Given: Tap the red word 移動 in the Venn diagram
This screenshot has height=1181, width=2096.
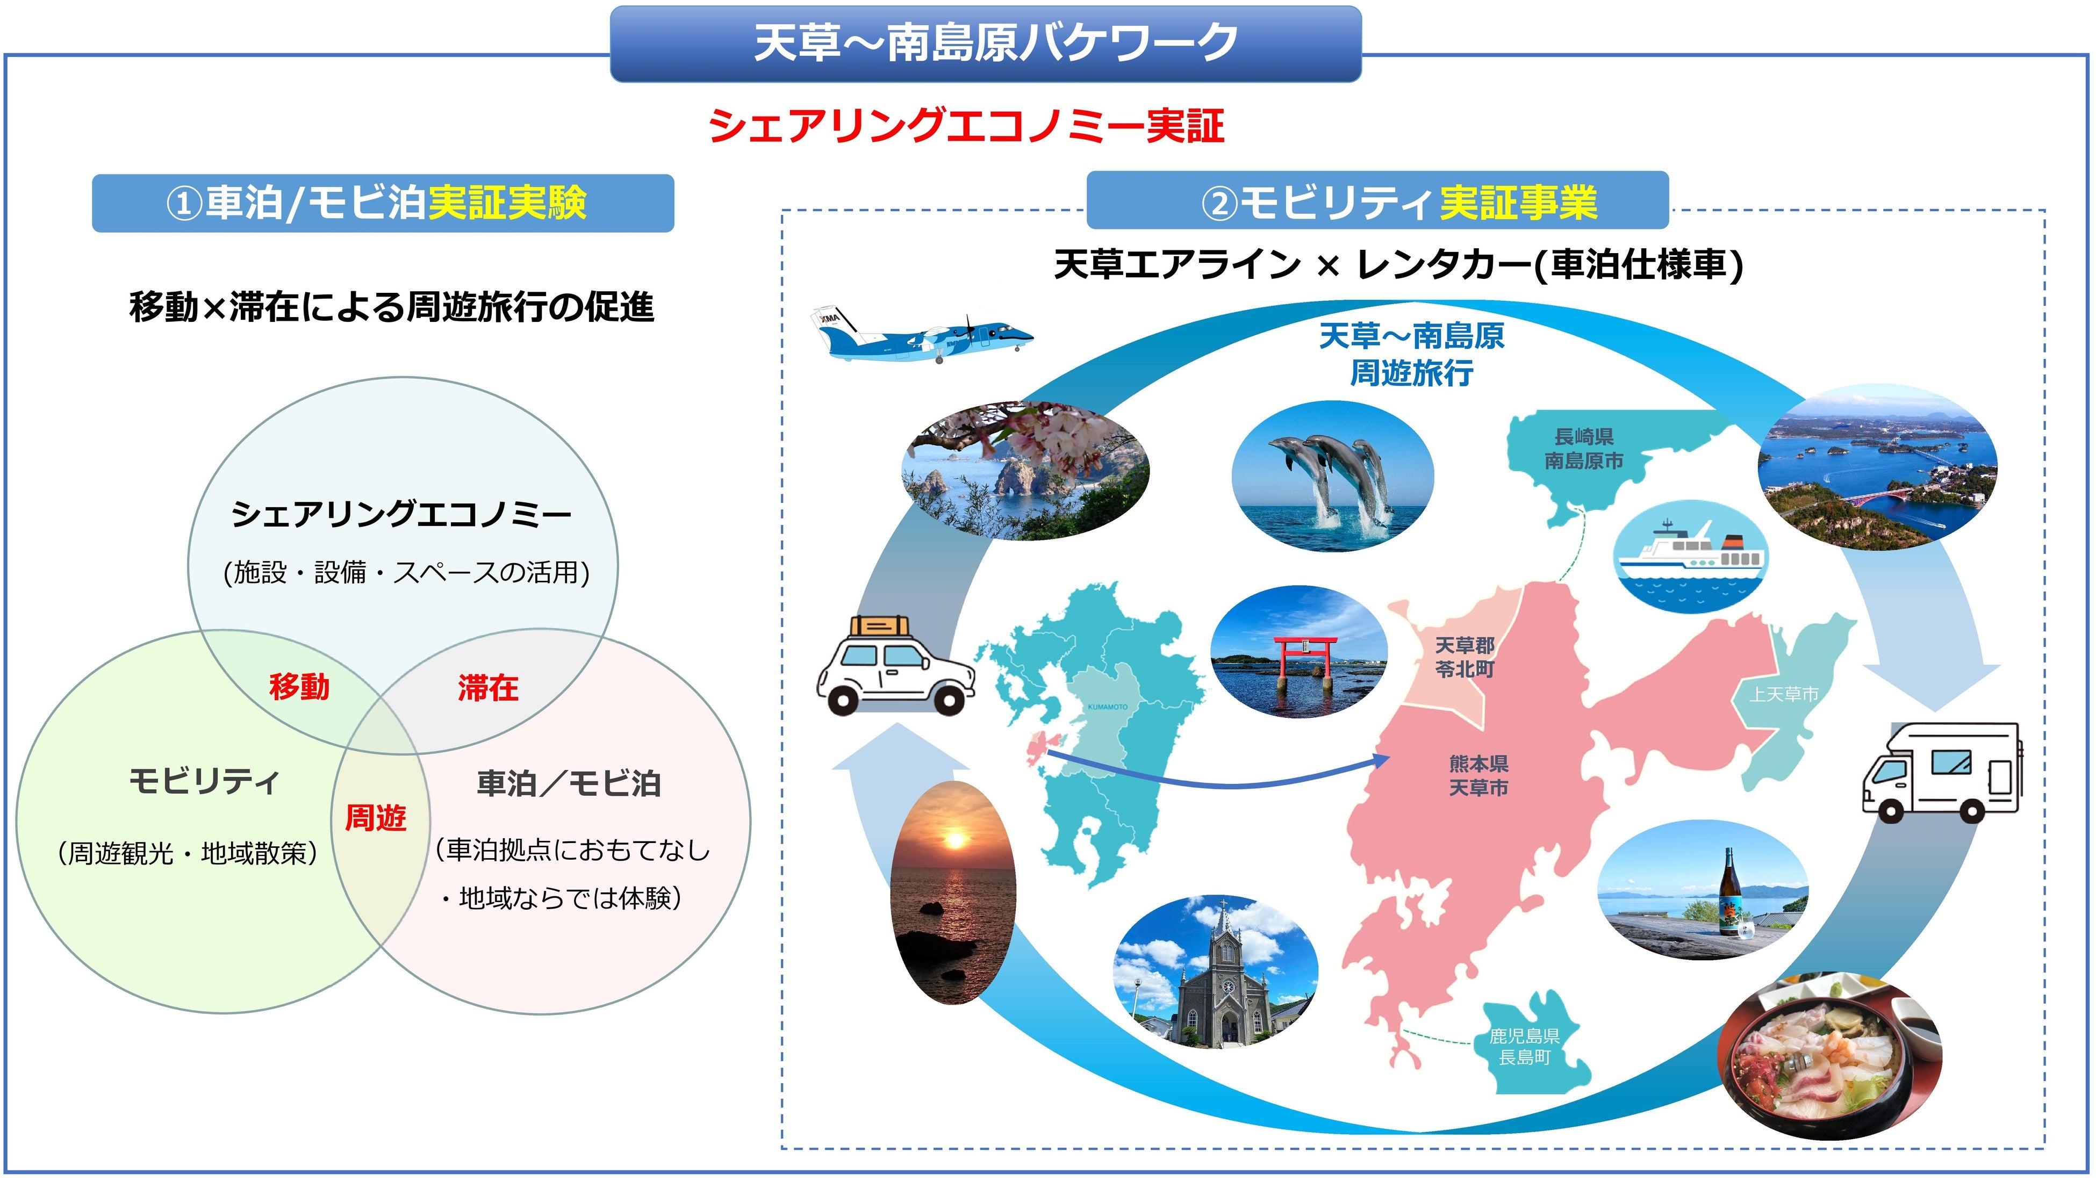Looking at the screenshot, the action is [299, 687].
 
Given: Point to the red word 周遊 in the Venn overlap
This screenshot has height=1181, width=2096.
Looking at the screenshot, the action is [375, 817].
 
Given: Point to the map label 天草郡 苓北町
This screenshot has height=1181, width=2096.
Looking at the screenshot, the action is [1465, 657].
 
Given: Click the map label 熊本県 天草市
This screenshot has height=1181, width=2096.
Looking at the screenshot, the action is [1478, 775].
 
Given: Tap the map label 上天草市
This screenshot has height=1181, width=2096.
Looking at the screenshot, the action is [1784, 694].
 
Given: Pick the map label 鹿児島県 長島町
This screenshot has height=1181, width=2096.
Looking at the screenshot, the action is [1525, 1047].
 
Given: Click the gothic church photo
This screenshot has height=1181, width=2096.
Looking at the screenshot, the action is [1215, 973].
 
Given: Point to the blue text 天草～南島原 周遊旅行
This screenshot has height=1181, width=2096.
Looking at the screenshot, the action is [1412, 355].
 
